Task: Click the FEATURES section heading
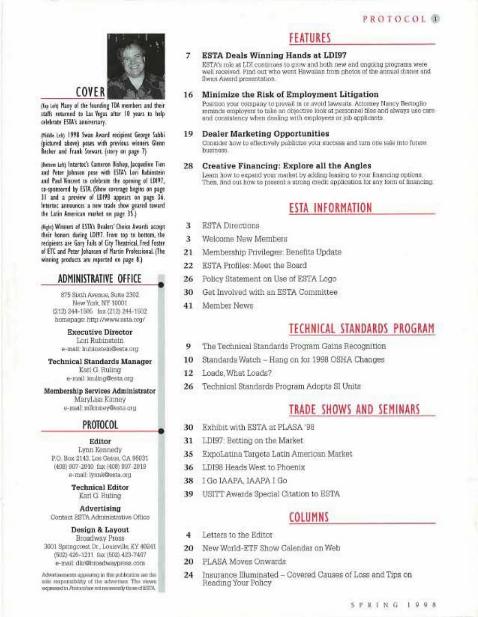click(x=310, y=38)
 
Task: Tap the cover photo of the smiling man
click(x=136, y=66)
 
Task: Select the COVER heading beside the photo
click(x=90, y=92)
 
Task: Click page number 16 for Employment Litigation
click(x=188, y=95)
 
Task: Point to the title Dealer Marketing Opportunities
click(x=265, y=134)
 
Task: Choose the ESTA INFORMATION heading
click(x=330, y=208)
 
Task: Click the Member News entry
click(x=227, y=306)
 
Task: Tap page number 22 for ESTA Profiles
click(x=188, y=265)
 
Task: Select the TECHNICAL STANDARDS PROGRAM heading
click(x=361, y=329)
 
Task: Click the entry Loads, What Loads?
click(x=237, y=373)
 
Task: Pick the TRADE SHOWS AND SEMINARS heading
click(x=354, y=409)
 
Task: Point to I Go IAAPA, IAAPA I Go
click(x=244, y=481)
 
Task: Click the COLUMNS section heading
click(x=309, y=517)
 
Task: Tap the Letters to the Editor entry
click(x=237, y=535)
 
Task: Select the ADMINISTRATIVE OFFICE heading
click(x=100, y=278)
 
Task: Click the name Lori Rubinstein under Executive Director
click(x=100, y=341)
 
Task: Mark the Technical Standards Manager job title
click(x=100, y=361)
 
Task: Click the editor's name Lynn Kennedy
click(x=100, y=450)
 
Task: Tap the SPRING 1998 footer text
click(x=393, y=605)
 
